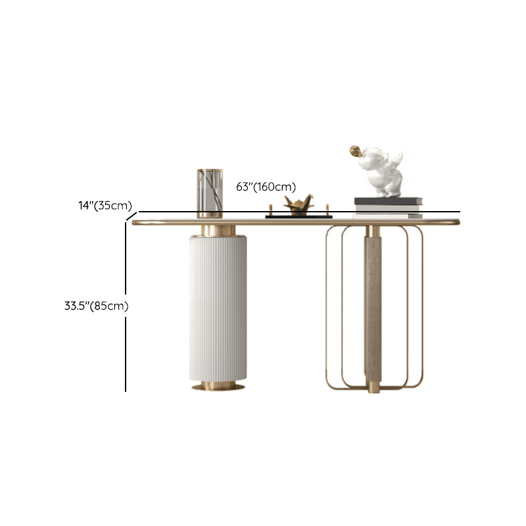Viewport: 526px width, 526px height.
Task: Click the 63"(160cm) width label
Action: click(266, 187)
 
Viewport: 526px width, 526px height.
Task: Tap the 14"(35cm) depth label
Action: click(105, 205)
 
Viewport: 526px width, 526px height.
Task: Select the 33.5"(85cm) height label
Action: click(96, 306)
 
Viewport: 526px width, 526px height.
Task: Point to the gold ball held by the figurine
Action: click(354, 151)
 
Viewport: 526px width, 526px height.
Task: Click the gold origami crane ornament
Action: click(299, 205)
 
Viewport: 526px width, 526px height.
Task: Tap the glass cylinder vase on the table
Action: click(210, 193)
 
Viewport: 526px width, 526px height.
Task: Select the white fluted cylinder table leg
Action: click(218, 308)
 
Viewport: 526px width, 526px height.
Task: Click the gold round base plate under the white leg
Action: click(218, 387)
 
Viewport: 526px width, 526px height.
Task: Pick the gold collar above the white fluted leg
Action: click(218, 230)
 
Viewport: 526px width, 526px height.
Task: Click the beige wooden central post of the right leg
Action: click(373, 308)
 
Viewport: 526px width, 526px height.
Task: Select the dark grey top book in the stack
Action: click(388, 201)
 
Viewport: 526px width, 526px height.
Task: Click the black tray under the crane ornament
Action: click(299, 217)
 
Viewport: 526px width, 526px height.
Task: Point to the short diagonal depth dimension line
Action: click(131, 217)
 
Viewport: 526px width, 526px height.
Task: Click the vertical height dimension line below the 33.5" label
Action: click(126, 354)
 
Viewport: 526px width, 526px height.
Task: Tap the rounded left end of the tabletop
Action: click(134, 222)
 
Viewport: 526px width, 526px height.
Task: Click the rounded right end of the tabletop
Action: click(457, 222)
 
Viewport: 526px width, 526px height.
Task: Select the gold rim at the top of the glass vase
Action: click(210, 170)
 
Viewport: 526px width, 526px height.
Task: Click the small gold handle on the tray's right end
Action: click(327, 210)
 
